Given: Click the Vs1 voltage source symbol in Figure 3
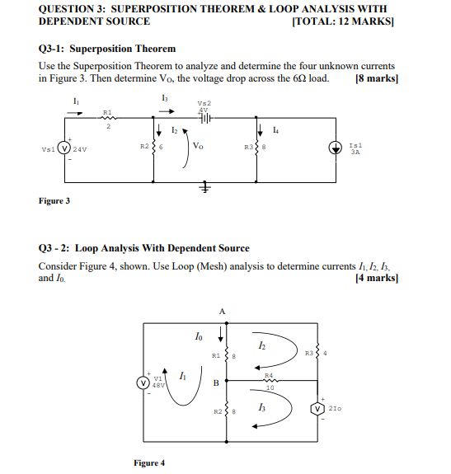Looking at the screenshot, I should point(58,149).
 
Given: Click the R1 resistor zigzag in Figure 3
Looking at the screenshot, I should point(107,117).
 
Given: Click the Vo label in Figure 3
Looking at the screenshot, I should point(199,146).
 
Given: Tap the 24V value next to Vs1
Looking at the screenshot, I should point(79,149).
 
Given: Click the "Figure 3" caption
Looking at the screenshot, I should point(54,200).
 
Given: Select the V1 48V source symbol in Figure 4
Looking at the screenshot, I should point(143,381).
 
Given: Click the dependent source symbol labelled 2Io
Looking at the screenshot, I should point(317,408).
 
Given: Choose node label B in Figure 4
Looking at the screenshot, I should point(215,383).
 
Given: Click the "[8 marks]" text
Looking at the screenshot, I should point(375,79).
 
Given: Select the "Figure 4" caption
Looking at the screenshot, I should point(148,462).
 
